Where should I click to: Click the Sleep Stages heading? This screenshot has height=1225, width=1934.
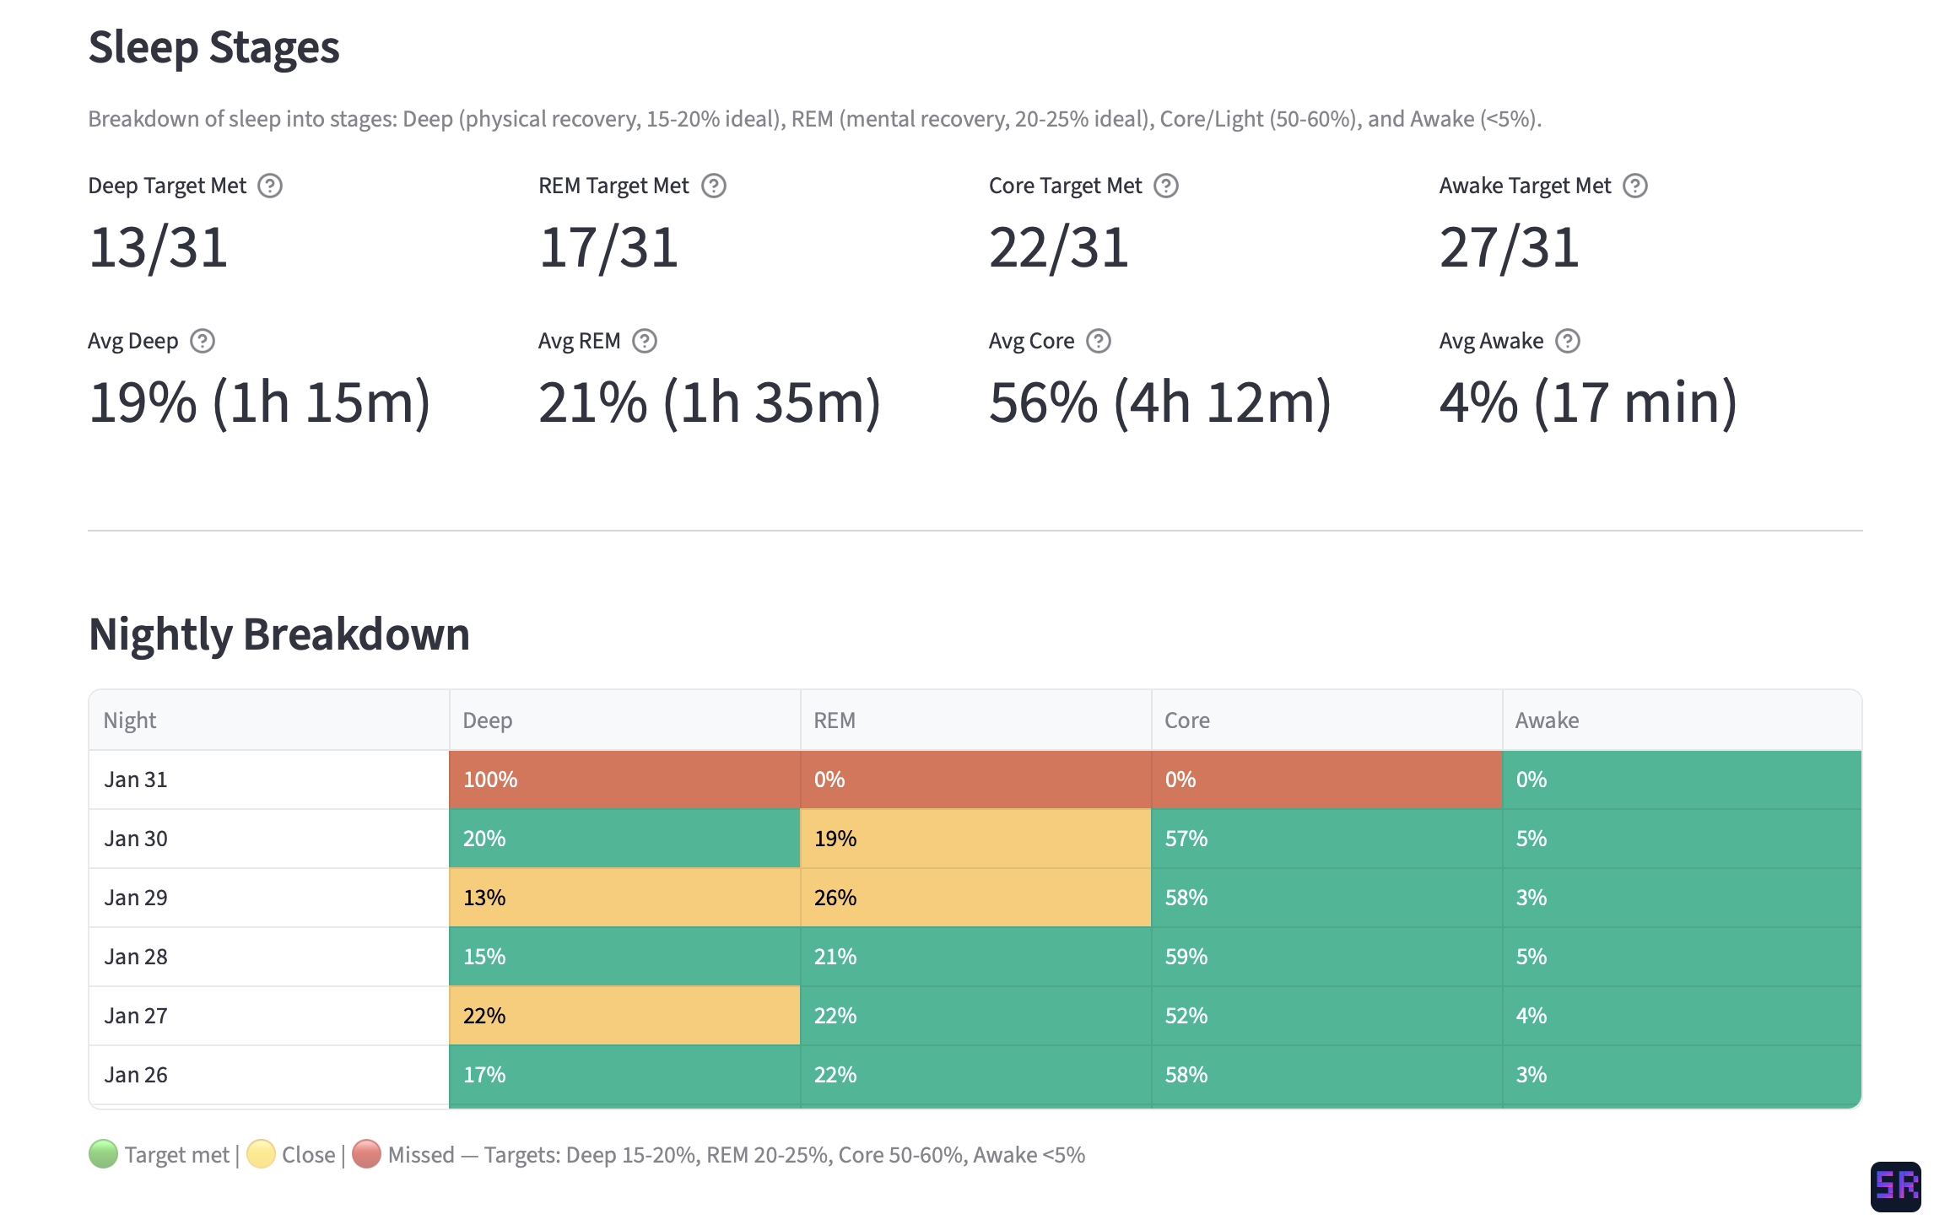213,47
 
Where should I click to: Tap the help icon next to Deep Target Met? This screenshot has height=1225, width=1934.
270,186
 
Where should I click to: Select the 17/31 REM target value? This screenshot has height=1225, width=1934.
608,248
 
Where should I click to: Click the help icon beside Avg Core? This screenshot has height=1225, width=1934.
1098,341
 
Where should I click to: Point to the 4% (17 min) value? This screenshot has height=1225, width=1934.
1587,402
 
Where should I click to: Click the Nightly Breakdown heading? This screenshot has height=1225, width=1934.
278,634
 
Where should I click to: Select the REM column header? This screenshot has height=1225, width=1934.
834,720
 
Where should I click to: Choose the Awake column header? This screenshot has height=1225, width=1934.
1547,720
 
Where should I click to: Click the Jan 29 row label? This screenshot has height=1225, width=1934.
136,898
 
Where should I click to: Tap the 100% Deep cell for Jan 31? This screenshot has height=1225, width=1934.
624,780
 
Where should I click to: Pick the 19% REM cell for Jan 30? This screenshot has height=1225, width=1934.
975,839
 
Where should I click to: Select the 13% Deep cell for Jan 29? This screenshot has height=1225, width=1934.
624,898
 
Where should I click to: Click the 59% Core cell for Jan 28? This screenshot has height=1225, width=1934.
1326,957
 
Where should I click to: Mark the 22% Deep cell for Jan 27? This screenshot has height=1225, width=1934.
624,1016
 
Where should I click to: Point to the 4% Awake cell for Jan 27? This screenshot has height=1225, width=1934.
1681,1016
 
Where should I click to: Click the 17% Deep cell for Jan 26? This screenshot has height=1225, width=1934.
624,1075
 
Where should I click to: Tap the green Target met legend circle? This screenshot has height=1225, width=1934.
103,1154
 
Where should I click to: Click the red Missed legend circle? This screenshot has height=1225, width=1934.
366,1154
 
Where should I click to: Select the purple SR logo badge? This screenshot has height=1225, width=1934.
1895,1186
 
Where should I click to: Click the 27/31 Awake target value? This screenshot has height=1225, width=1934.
1509,248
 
